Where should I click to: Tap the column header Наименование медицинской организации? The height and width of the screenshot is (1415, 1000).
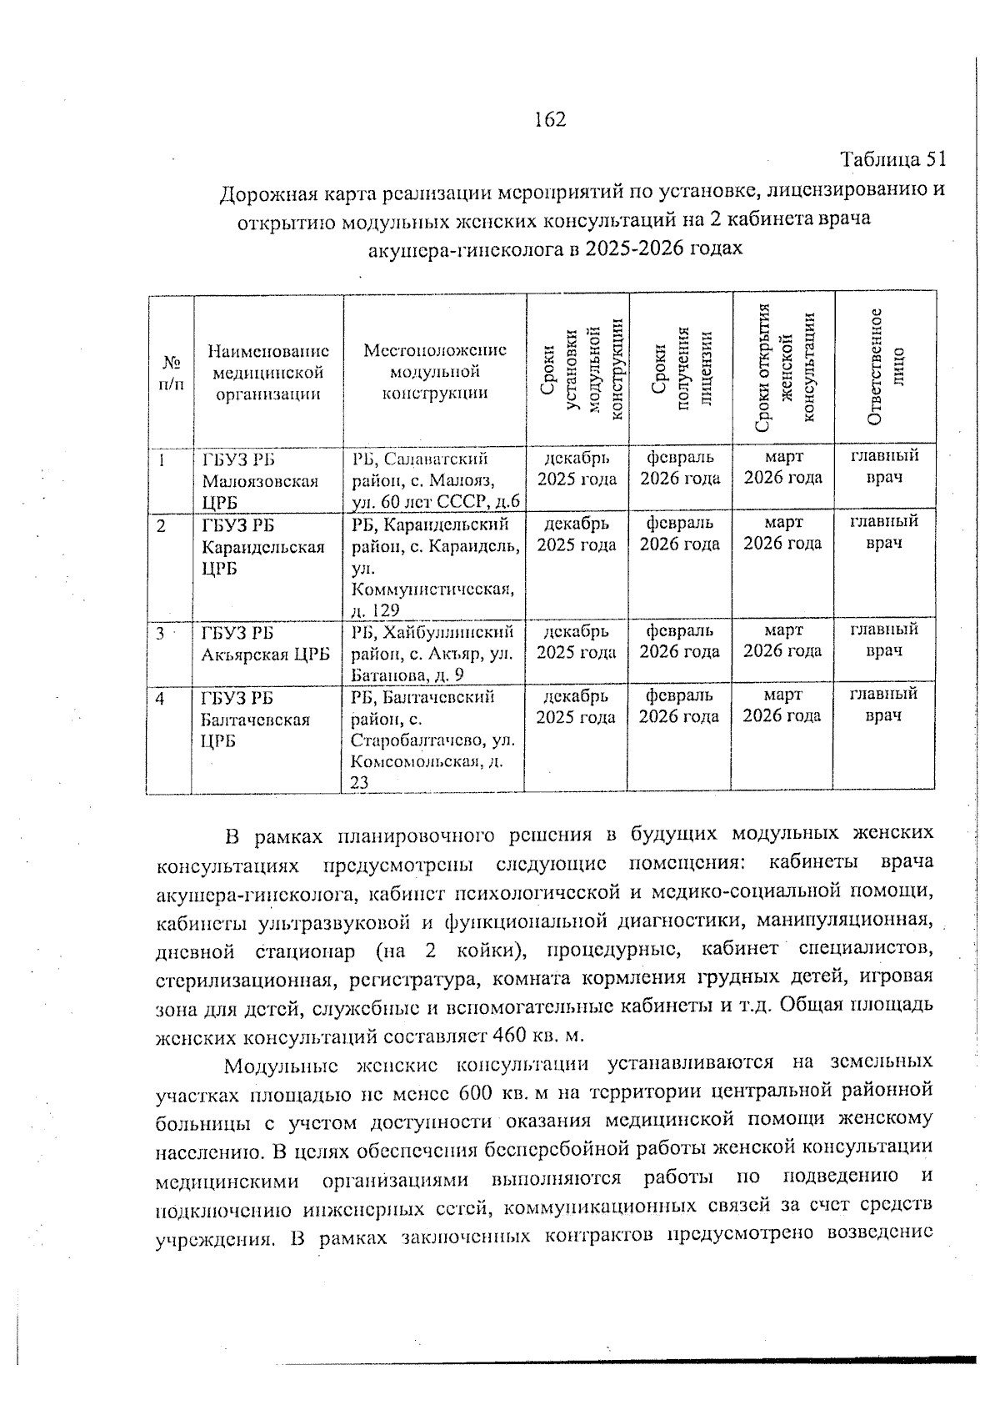pyautogui.click(x=267, y=373)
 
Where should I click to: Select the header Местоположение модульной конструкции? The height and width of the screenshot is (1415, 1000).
pyautogui.click(x=434, y=372)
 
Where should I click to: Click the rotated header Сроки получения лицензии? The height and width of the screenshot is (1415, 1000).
pyautogui.click(x=680, y=369)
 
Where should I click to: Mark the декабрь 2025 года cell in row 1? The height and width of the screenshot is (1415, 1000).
pyautogui.click(x=577, y=469)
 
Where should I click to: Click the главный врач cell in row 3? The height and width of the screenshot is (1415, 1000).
pyautogui.click(x=884, y=640)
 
